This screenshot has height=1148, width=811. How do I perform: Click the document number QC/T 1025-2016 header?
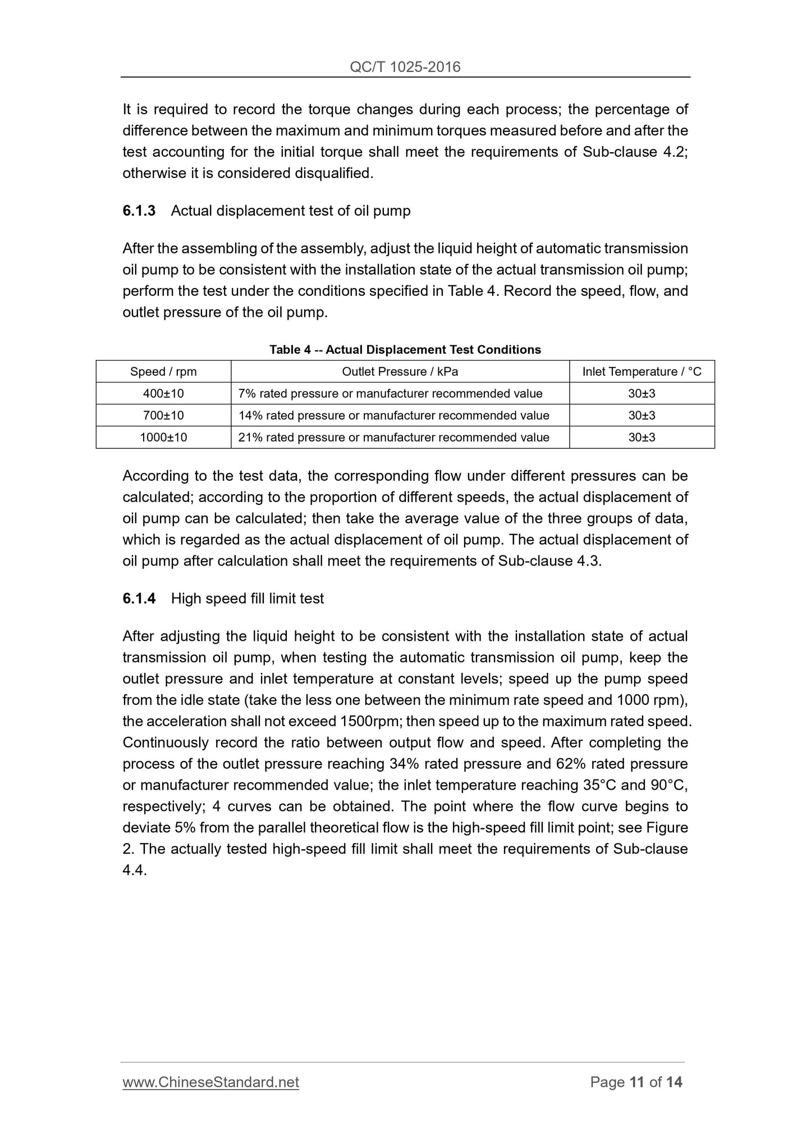click(x=405, y=67)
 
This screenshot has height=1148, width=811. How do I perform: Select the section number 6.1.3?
click(x=139, y=211)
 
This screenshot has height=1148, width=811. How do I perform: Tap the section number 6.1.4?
click(x=139, y=599)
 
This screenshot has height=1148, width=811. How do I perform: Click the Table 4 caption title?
click(x=405, y=350)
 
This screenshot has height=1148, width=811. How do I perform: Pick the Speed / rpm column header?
click(x=163, y=372)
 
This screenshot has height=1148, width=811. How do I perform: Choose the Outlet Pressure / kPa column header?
click(x=400, y=372)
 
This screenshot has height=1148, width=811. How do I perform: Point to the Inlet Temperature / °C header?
click(x=642, y=372)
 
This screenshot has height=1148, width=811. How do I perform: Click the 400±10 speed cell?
click(x=163, y=394)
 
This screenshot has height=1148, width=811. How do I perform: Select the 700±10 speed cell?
click(x=163, y=416)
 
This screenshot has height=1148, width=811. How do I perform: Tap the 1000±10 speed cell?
click(x=163, y=438)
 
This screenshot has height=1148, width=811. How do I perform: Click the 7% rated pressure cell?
click(x=390, y=394)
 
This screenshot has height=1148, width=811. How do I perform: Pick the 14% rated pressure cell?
click(x=393, y=416)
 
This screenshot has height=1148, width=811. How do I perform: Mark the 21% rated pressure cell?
click(x=393, y=438)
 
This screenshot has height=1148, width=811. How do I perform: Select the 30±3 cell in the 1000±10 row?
click(x=642, y=438)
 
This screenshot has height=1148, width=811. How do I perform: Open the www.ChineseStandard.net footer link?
click(x=210, y=1082)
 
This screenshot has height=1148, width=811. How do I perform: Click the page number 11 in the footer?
click(x=636, y=1082)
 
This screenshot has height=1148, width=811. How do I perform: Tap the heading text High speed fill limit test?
click(x=248, y=599)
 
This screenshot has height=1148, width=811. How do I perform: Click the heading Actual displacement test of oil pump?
click(x=291, y=211)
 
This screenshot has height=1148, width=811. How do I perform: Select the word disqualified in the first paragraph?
click(x=333, y=174)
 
